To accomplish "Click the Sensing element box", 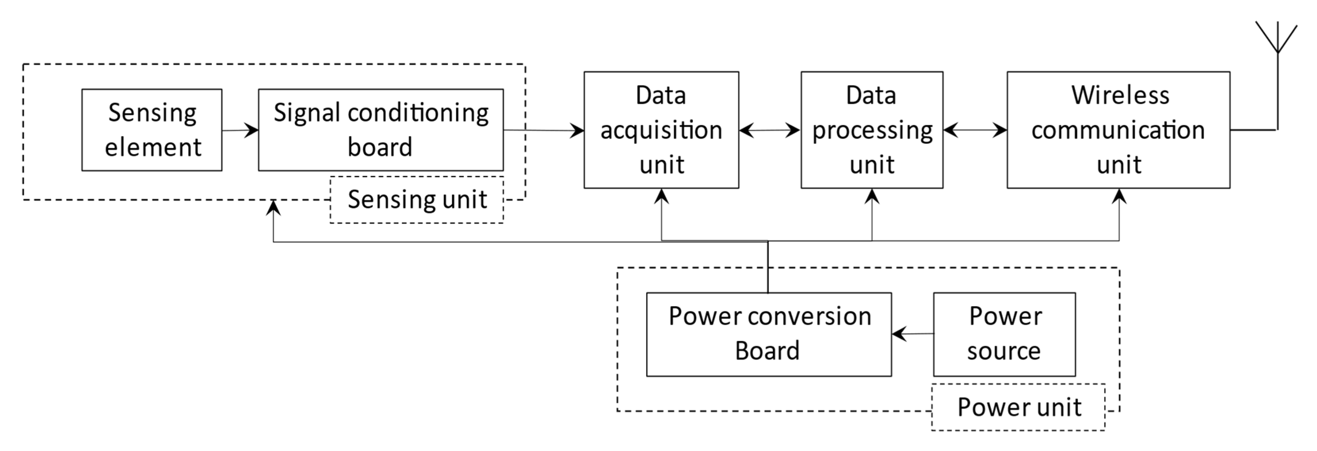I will coord(152,130).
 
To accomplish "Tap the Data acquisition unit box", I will coord(661,130).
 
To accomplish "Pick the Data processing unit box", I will coord(872,130).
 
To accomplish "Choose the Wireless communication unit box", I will coord(1118,130).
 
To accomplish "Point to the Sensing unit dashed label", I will coord(417,200).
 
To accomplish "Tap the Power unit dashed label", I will coord(1018,407).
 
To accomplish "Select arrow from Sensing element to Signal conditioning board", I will coord(240,130).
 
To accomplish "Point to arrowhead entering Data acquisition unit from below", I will coord(661,196).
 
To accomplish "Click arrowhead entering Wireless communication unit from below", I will coord(1119,196).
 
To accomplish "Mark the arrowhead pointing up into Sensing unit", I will coord(273,207).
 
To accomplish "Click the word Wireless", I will coord(1120,95).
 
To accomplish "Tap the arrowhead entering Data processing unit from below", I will coord(872,196).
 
